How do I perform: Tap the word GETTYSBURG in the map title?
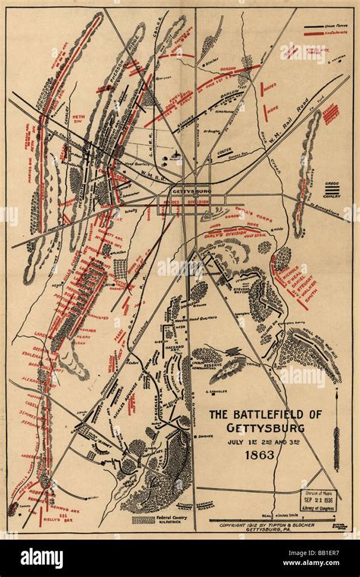pos(261,425)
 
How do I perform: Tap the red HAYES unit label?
pos(270,87)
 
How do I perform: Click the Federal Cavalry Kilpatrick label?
pos(173,522)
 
